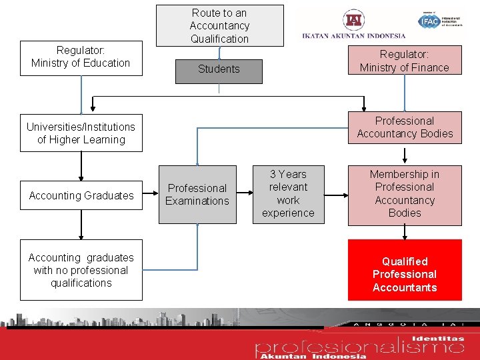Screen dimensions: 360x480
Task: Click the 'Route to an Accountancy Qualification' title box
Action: tap(219, 26)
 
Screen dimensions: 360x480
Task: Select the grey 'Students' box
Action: tap(219, 69)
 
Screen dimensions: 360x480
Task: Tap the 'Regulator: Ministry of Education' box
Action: tap(81, 57)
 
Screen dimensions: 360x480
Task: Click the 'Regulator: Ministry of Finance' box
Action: tap(404, 61)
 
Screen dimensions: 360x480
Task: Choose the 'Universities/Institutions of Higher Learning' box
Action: tap(81, 133)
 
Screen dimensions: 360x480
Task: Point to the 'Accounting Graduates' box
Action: tap(81, 195)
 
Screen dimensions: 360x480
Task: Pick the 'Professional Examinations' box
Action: tap(197, 195)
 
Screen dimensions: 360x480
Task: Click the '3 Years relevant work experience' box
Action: tap(288, 194)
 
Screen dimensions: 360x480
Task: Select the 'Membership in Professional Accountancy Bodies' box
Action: tap(404, 194)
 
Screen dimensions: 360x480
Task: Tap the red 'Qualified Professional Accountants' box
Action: tap(404, 274)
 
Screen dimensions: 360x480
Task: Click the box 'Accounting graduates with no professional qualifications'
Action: tap(81, 270)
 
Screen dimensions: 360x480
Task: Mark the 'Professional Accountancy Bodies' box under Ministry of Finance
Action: tap(404, 127)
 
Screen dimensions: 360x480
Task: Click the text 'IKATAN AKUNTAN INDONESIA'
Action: tap(353, 36)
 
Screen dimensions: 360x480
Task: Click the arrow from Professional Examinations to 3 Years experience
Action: tap(246, 195)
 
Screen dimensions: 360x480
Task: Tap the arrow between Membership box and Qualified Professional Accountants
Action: tap(405, 232)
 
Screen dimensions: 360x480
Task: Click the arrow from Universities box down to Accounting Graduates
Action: tap(81, 166)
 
